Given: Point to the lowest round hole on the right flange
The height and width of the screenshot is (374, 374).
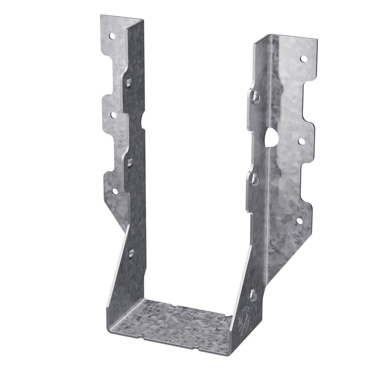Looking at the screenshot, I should [299, 221].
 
